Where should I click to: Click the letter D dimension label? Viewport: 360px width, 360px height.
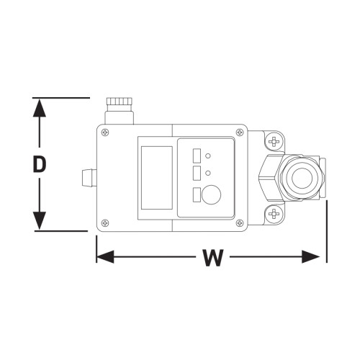pyautogui.click(x=40, y=164)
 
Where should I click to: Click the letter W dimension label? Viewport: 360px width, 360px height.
pyautogui.click(x=213, y=258)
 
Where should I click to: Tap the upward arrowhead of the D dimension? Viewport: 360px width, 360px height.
pyautogui.click(x=39, y=108)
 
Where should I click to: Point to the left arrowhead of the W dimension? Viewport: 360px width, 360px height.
pyautogui.click(x=105, y=256)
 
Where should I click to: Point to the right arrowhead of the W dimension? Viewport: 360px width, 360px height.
pyautogui.click(x=311, y=256)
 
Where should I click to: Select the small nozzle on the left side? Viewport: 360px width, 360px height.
pyautogui.click(x=89, y=178)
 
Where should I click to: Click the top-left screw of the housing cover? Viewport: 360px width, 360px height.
pyautogui.click(x=105, y=132)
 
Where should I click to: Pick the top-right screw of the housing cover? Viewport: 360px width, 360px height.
pyautogui.click(x=240, y=132)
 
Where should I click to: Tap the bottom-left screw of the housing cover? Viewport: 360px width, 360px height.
pyautogui.click(x=105, y=223)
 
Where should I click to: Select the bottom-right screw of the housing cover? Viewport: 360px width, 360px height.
pyautogui.click(x=240, y=223)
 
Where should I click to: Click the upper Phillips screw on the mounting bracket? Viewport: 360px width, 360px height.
pyautogui.click(x=274, y=142)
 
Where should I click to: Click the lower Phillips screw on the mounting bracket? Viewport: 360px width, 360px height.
pyautogui.click(x=274, y=213)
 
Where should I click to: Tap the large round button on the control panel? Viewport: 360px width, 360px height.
pyautogui.click(x=211, y=194)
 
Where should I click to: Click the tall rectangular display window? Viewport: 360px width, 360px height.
pyautogui.click(x=157, y=178)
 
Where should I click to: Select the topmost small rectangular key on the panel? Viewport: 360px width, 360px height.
pyautogui.click(x=197, y=156)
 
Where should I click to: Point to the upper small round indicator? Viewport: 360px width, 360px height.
pyautogui.click(x=208, y=156)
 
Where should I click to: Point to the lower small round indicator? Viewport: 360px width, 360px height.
pyautogui.click(x=208, y=173)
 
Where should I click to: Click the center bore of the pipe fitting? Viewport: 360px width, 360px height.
pyautogui.click(x=302, y=178)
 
